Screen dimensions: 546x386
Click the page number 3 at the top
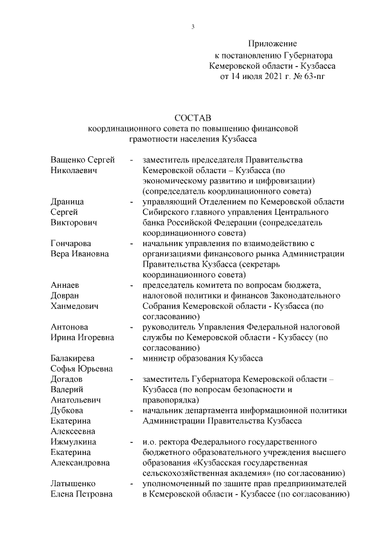[193, 26]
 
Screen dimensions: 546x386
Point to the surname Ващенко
[68, 159]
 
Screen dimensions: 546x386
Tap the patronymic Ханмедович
[74, 306]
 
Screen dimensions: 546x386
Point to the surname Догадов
[67, 379]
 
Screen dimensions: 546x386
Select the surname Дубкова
[66, 410]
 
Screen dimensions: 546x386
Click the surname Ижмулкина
[71, 442]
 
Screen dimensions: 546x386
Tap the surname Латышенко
[72, 484]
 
